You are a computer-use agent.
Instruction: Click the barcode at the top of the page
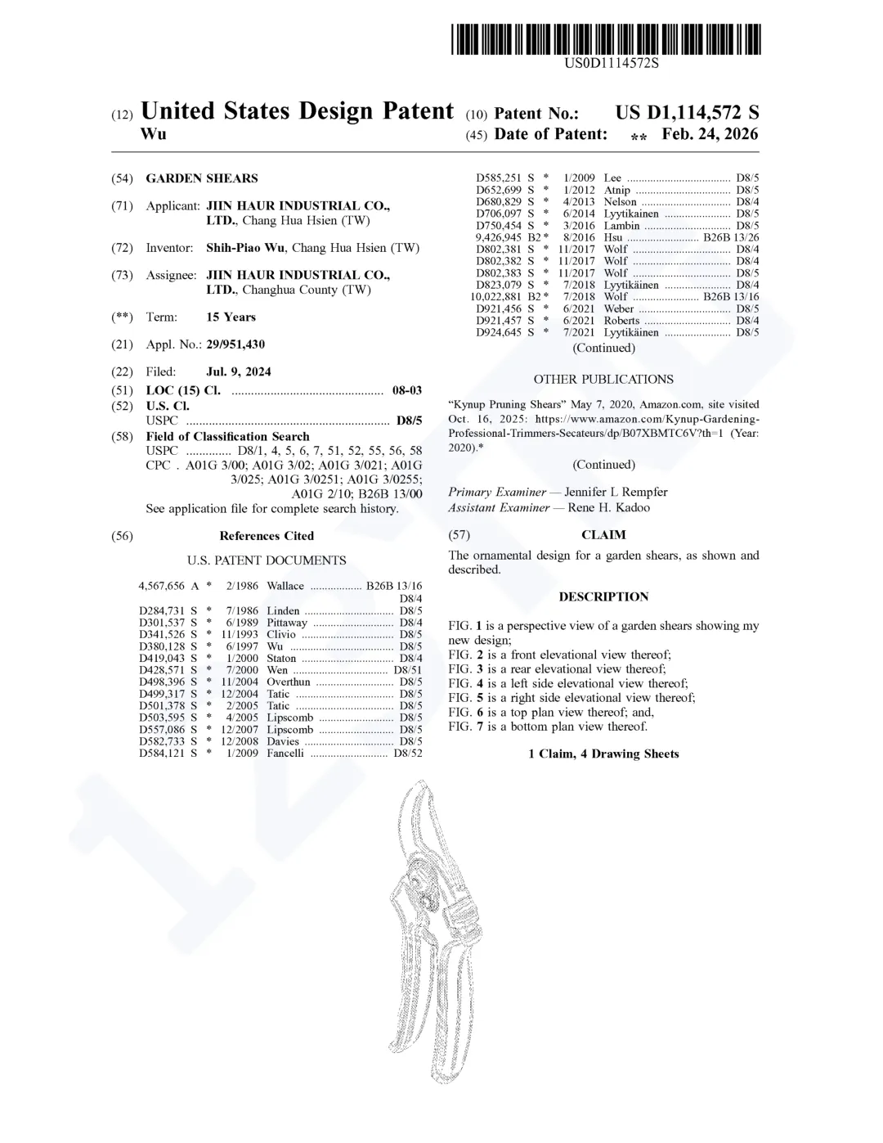click(x=606, y=39)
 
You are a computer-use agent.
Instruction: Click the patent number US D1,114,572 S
click(x=687, y=113)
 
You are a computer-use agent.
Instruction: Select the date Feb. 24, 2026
click(x=710, y=134)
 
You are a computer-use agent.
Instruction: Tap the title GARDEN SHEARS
click(x=201, y=178)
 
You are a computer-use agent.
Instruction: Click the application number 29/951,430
click(x=235, y=344)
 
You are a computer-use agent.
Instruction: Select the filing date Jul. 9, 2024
click(x=239, y=371)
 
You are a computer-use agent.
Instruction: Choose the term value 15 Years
click(x=231, y=317)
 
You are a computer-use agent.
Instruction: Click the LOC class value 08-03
click(x=407, y=391)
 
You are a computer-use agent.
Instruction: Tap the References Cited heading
click(x=267, y=536)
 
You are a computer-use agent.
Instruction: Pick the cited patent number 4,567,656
click(x=164, y=586)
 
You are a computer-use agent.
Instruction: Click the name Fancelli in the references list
click(x=285, y=754)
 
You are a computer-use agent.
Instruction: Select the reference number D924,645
click(x=499, y=333)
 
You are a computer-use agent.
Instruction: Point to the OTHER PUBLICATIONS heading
click(x=603, y=380)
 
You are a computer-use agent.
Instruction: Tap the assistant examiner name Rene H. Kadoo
click(x=609, y=508)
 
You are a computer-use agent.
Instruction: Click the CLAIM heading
click(x=603, y=535)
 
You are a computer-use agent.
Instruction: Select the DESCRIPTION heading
click(x=603, y=597)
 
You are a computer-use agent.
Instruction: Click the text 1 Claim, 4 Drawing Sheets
click(x=603, y=754)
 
